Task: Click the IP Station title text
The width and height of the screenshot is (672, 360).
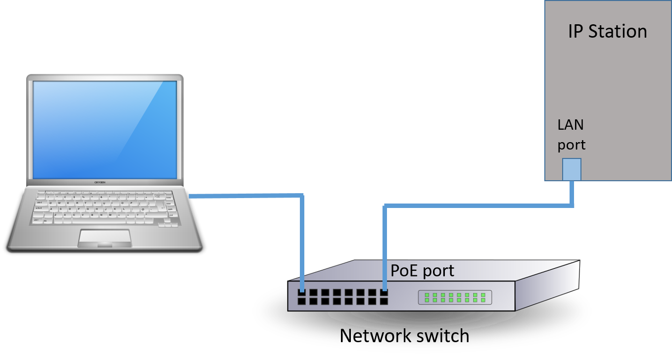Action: (x=607, y=32)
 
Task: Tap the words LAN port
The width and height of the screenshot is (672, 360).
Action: (x=571, y=135)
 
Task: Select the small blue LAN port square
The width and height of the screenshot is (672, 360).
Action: (x=572, y=169)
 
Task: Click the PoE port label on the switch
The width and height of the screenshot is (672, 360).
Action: (x=422, y=271)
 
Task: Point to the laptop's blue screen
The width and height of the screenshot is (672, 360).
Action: (x=104, y=129)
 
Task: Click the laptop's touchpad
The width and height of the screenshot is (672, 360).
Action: (x=104, y=237)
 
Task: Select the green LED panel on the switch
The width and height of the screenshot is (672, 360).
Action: (x=455, y=297)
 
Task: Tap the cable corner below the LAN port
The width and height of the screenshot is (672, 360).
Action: (x=572, y=205)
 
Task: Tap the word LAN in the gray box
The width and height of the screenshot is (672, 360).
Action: (x=571, y=125)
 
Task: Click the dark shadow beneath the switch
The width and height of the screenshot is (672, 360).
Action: (x=421, y=319)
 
